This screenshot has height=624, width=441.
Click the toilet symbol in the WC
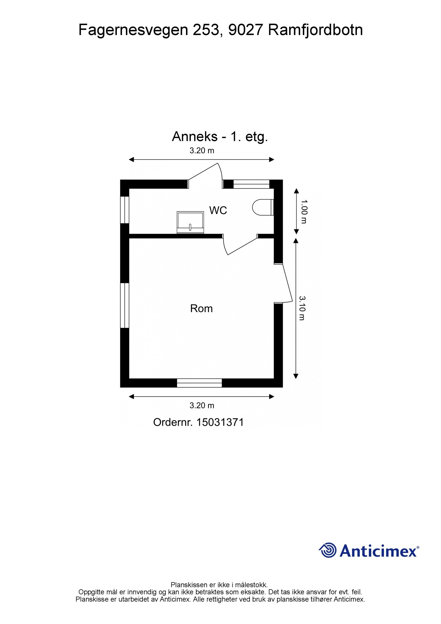[262, 207]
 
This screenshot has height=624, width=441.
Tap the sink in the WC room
[190, 222]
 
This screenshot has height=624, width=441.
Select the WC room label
[218, 210]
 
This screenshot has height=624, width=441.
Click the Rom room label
[201, 308]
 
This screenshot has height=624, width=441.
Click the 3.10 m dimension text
[302, 308]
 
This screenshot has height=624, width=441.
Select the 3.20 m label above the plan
[202, 151]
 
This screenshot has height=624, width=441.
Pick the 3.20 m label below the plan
[202, 405]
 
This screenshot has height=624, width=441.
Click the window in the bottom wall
[199, 383]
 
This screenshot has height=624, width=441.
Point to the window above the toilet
[251, 184]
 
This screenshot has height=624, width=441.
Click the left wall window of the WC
[125, 210]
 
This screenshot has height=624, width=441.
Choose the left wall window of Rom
[125, 305]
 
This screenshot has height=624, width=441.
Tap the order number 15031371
[220, 422]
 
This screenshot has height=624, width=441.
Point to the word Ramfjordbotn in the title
[315, 30]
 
